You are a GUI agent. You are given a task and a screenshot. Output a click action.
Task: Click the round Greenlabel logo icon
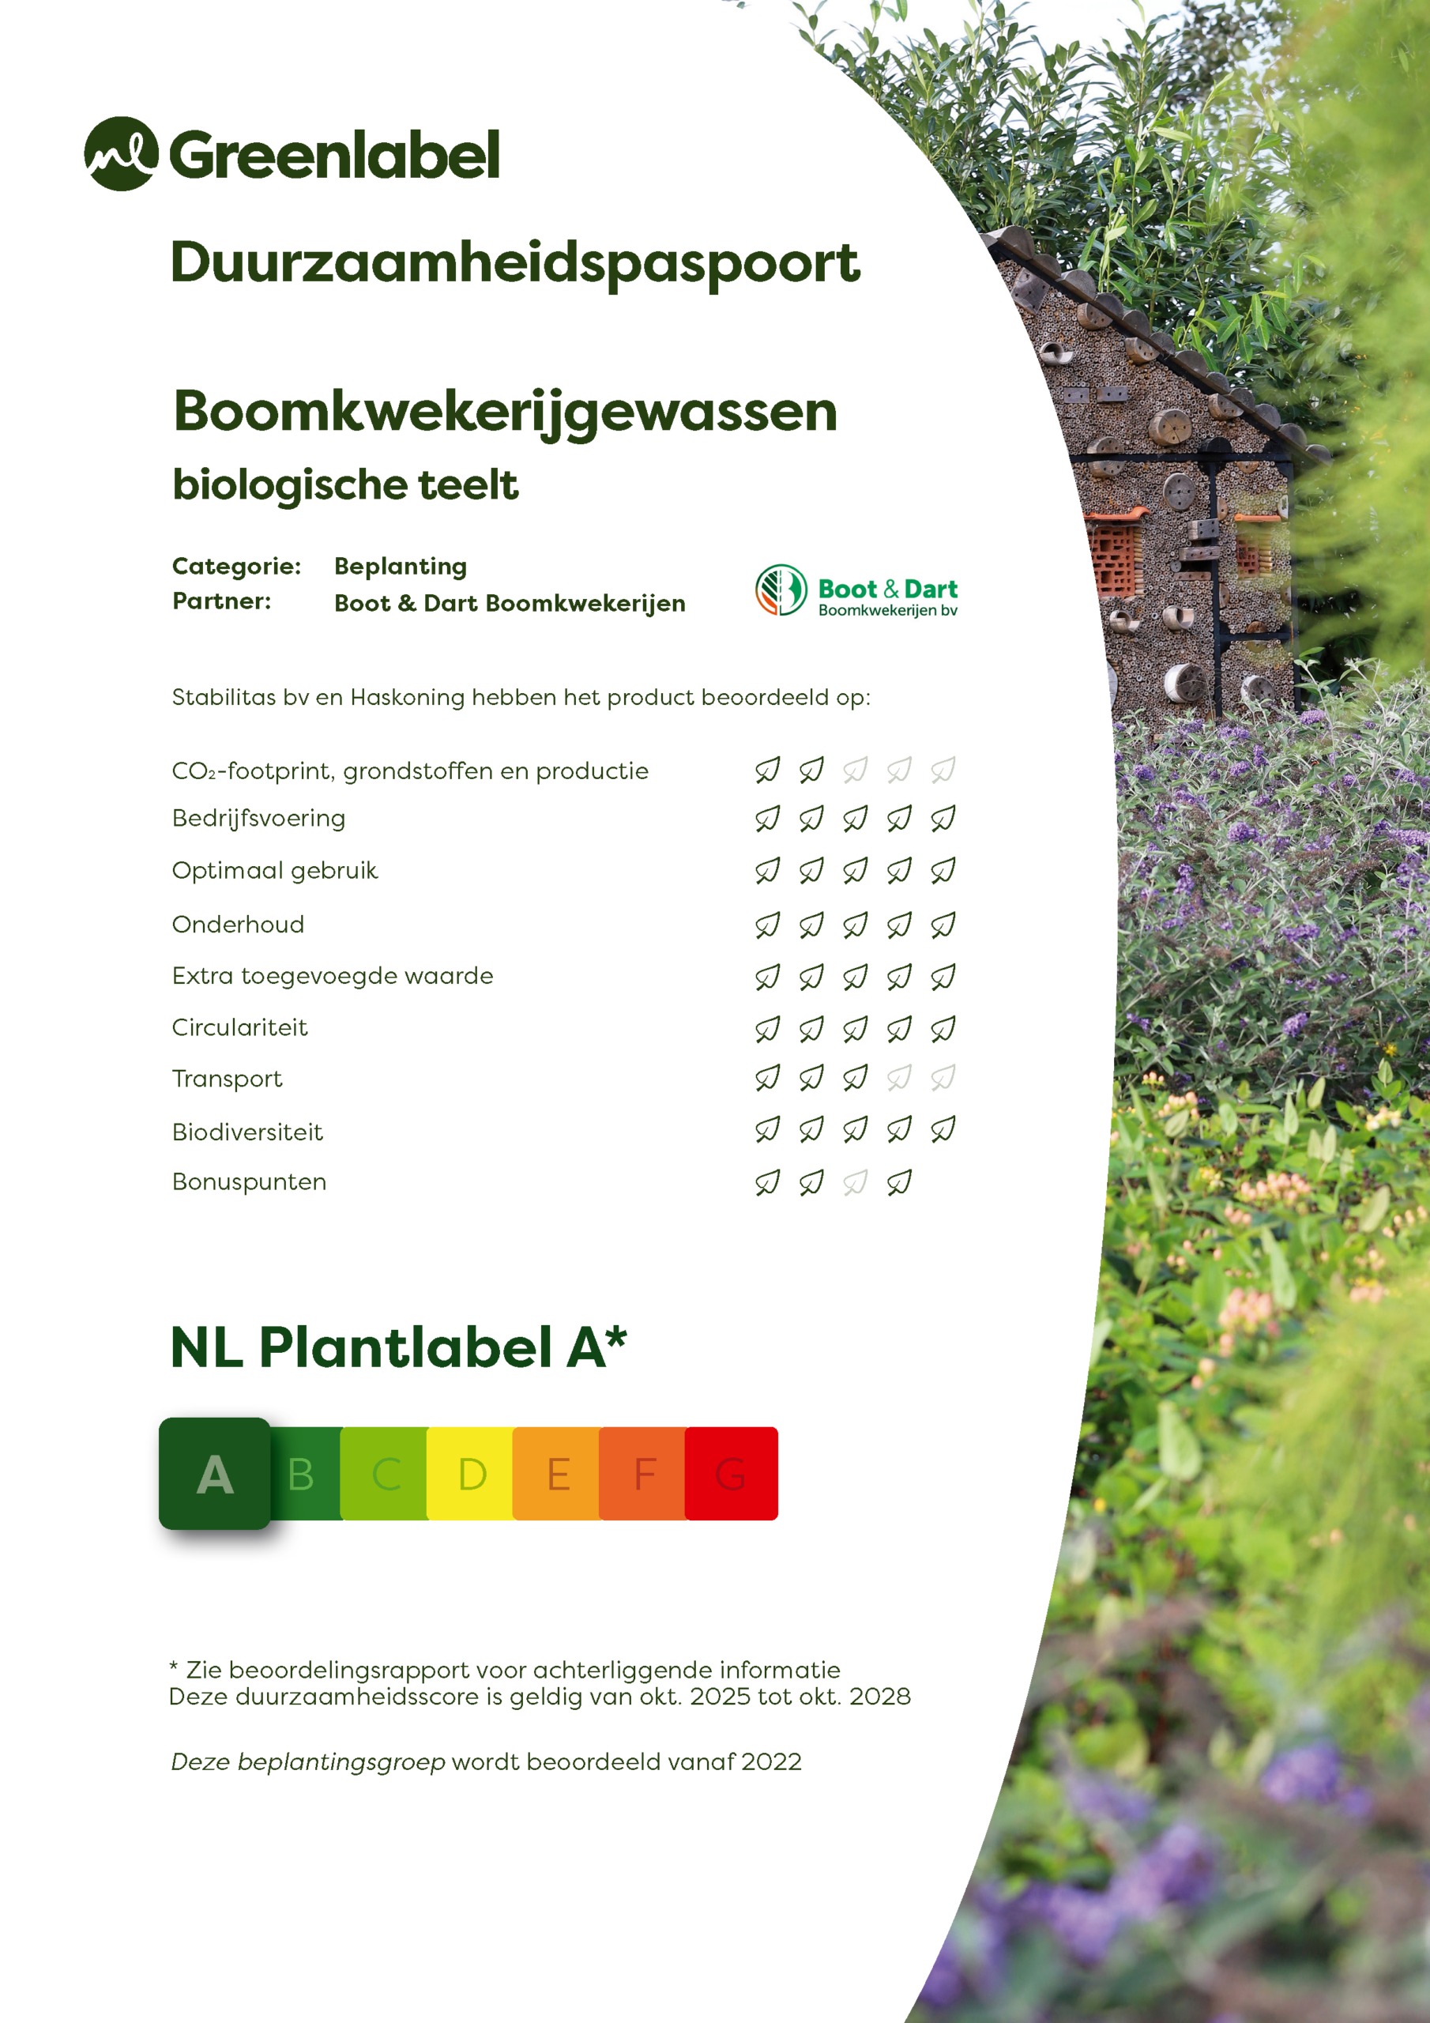click(x=122, y=153)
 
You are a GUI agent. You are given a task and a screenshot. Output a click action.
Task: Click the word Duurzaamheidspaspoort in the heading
click(x=514, y=263)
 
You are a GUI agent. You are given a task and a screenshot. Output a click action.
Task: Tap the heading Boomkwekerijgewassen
click(x=505, y=412)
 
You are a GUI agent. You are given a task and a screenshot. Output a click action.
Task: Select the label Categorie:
click(x=236, y=566)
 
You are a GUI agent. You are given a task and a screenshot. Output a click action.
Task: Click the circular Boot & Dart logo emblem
click(x=781, y=590)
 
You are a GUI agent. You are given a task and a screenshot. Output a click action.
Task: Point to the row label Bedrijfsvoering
click(x=258, y=819)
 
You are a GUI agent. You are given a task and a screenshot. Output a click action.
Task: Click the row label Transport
click(x=227, y=1079)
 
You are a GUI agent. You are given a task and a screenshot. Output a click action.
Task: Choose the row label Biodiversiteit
click(x=246, y=1132)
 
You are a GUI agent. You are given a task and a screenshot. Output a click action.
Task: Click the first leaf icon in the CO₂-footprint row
click(x=767, y=770)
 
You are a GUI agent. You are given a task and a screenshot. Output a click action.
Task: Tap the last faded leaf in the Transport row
click(x=943, y=1078)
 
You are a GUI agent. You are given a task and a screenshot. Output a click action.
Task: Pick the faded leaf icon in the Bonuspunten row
click(x=855, y=1182)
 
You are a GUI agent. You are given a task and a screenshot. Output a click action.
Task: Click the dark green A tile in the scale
click(x=215, y=1474)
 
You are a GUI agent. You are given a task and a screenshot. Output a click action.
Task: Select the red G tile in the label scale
click(x=732, y=1474)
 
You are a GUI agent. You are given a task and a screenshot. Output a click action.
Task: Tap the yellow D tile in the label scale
click(x=472, y=1474)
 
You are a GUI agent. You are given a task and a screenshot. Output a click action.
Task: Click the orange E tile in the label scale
click(x=557, y=1474)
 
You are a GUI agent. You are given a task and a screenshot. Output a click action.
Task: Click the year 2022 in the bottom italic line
click(x=771, y=1762)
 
